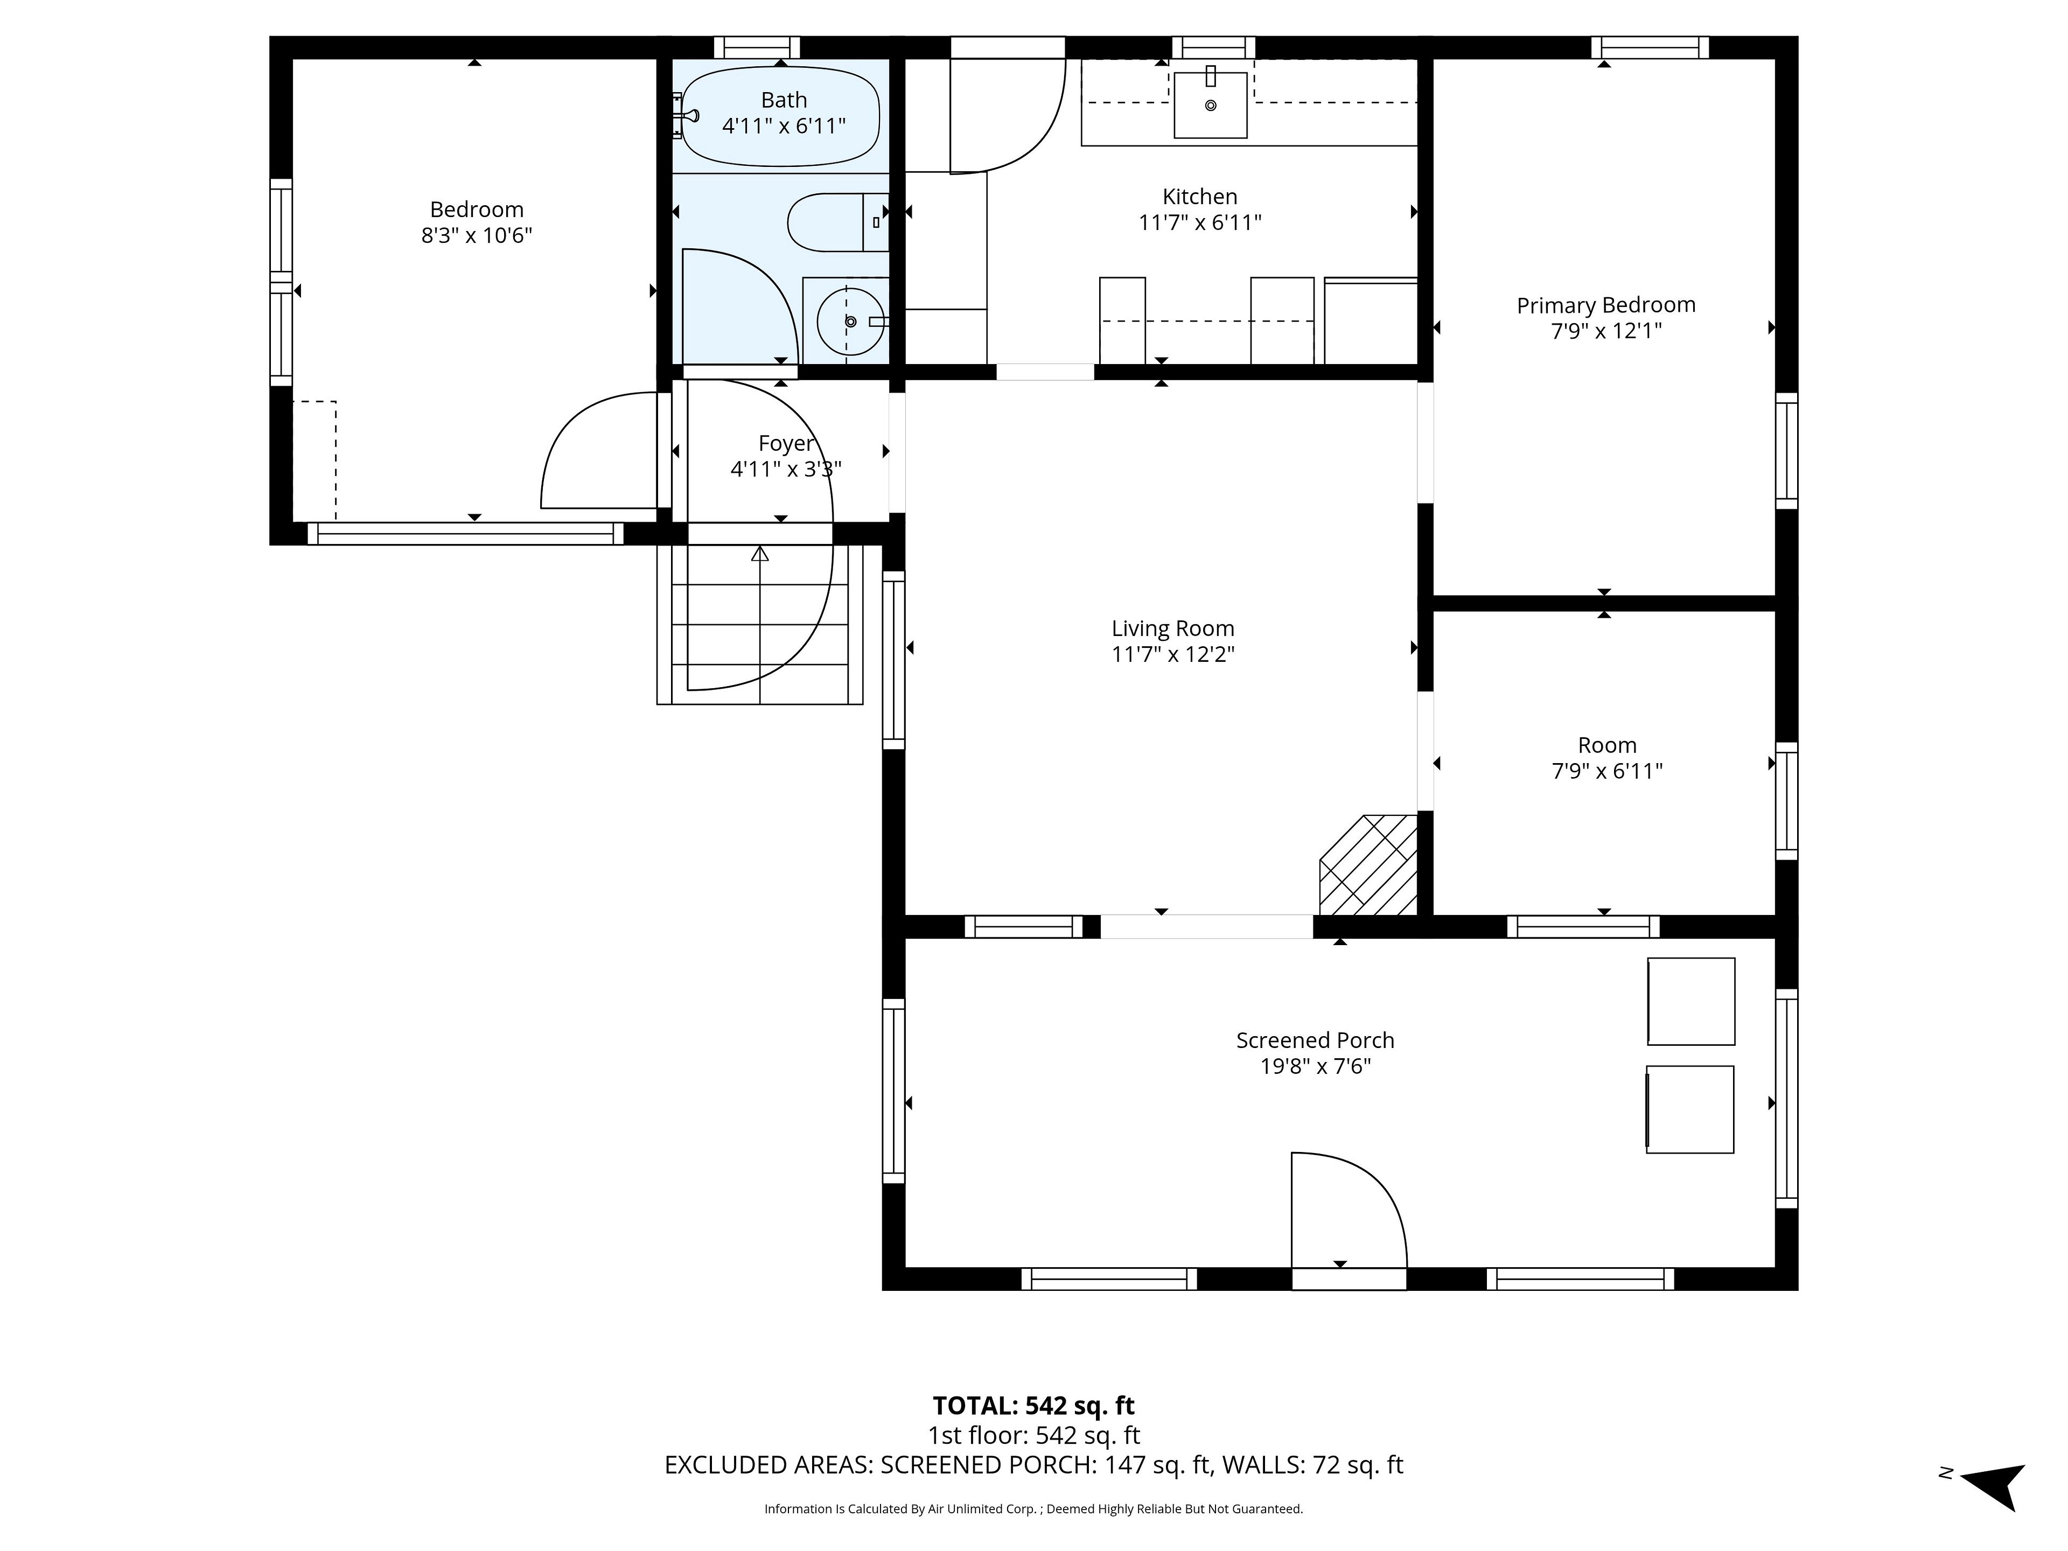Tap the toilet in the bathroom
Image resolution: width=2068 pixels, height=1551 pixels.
[837, 222]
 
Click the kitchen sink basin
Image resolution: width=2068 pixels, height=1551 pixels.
[1211, 104]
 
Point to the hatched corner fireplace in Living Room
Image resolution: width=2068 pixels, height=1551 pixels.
[1368, 865]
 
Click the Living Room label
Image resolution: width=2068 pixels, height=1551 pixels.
[1172, 628]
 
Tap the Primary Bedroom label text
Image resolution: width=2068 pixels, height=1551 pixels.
[1605, 305]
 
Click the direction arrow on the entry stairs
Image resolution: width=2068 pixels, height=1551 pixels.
[759, 554]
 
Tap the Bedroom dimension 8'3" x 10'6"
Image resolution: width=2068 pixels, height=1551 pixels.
[476, 235]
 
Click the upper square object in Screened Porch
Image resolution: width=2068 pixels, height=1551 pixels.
[1690, 1001]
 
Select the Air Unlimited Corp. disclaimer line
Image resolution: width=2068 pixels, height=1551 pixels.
[1033, 1509]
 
